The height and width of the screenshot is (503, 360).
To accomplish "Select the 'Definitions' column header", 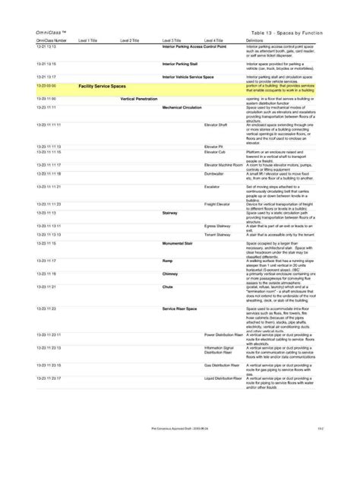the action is click(255, 40).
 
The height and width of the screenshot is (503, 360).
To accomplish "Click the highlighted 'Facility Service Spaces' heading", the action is click(102, 87).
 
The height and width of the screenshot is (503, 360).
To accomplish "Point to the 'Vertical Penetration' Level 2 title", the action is click(138, 100).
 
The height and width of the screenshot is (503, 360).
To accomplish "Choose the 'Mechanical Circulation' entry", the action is click(182, 108).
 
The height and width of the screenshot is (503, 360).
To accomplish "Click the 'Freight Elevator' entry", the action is click(219, 203).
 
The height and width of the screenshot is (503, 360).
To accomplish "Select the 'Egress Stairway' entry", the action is click(218, 226).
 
